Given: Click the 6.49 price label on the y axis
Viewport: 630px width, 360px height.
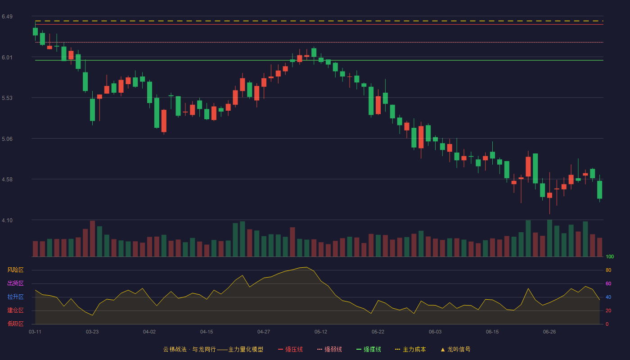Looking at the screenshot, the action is click(x=7, y=17).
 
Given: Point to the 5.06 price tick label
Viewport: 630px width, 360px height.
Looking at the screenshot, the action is click(x=7, y=139).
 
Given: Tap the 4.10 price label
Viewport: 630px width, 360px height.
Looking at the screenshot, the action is click(x=7, y=220).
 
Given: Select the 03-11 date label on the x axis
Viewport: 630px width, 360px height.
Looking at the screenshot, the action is click(x=35, y=332).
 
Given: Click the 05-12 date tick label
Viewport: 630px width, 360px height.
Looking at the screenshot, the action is click(x=320, y=332).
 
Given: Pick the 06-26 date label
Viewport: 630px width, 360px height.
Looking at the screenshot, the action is click(x=549, y=332).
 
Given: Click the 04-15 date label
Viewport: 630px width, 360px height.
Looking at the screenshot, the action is click(x=207, y=332).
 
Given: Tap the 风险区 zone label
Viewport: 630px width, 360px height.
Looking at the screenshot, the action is click(x=15, y=270).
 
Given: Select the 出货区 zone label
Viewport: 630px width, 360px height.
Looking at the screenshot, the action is click(x=15, y=283).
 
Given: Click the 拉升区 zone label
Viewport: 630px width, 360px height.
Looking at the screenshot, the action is click(x=15, y=297).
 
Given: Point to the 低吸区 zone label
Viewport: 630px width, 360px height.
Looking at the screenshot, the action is click(x=15, y=324).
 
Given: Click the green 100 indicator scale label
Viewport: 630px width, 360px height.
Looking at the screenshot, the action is click(x=610, y=256).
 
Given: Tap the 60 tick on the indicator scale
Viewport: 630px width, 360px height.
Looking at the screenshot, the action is click(x=608, y=283).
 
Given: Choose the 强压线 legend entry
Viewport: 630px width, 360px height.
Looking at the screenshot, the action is click(x=290, y=349).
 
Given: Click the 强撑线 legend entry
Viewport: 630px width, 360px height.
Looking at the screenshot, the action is click(x=369, y=349).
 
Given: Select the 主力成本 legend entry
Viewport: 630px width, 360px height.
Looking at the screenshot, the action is click(x=410, y=349).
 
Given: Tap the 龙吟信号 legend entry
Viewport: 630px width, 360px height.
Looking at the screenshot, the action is click(x=455, y=349).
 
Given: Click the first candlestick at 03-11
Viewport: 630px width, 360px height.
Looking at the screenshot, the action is click(x=35, y=31).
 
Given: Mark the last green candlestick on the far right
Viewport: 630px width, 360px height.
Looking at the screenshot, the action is click(x=599, y=189).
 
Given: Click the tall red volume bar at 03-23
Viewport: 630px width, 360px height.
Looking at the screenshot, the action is click(x=92, y=238).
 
